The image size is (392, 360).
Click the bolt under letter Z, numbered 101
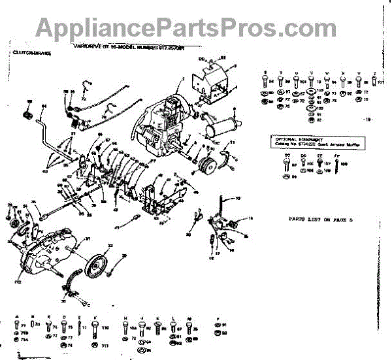click(374, 82)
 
